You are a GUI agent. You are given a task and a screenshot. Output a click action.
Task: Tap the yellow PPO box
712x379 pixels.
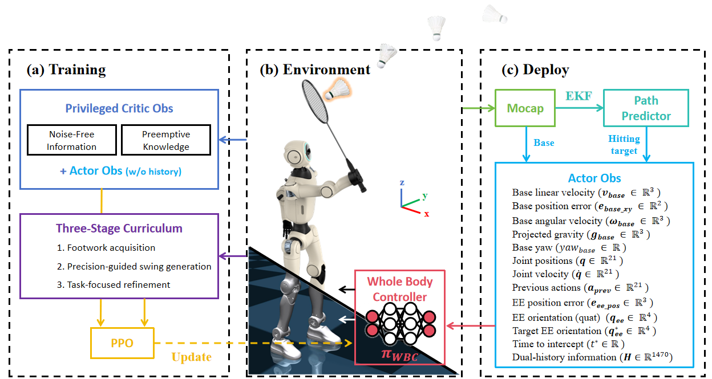122,343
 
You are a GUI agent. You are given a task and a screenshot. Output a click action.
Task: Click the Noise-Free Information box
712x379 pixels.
71,140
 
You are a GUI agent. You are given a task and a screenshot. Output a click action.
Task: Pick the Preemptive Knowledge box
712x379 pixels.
166,140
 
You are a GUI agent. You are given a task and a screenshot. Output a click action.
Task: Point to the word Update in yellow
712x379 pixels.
192,357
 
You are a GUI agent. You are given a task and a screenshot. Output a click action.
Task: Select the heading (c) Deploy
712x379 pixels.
535,70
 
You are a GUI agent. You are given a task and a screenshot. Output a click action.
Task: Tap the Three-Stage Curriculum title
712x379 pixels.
119,229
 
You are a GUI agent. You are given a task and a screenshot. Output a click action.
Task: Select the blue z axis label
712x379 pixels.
402,182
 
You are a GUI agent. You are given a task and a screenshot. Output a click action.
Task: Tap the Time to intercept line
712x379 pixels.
568,344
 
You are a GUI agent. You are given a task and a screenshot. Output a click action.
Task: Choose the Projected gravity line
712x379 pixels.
581,234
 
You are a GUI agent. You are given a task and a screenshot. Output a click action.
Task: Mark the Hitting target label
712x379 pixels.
624,145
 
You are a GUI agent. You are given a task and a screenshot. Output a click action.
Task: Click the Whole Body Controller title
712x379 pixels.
399,289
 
